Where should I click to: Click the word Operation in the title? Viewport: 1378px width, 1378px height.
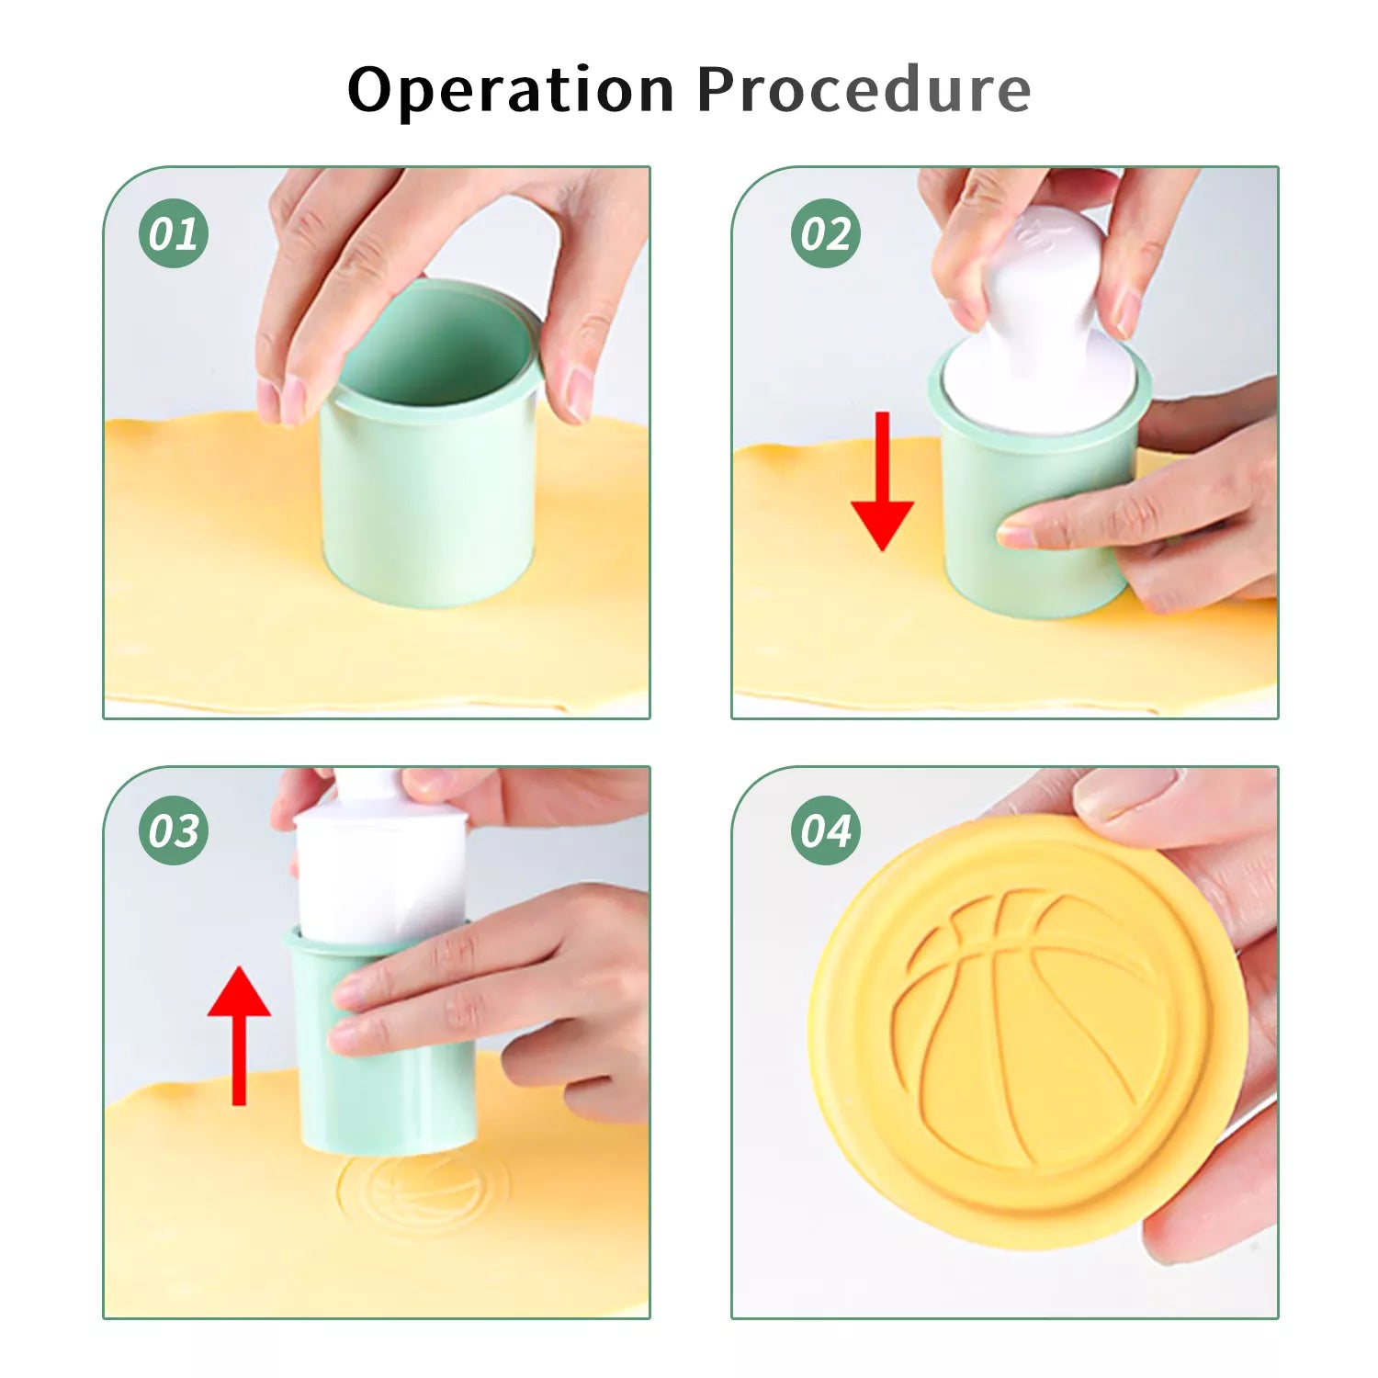(x=511, y=90)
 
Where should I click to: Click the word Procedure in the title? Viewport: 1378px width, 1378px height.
(x=864, y=89)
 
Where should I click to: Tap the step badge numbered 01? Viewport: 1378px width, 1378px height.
(x=174, y=233)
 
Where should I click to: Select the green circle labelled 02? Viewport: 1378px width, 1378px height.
(x=826, y=233)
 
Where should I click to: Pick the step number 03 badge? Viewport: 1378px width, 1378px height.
(x=174, y=830)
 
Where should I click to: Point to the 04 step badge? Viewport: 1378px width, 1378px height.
(x=826, y=830)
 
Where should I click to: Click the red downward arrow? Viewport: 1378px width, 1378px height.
(x=882, y=481)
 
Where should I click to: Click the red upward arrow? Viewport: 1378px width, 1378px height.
(x=239, y=1035)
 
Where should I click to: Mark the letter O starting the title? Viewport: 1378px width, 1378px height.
(x=377, y=90)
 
